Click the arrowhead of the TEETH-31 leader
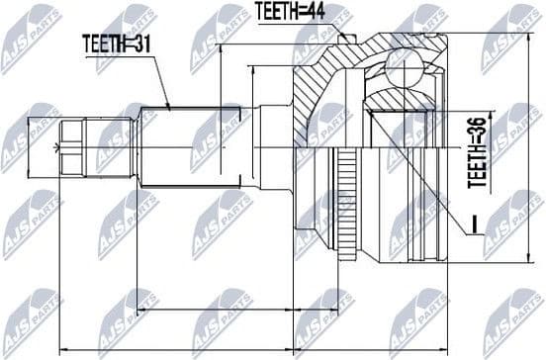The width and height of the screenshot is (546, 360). pyautogui.click(x=170, y=105)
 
